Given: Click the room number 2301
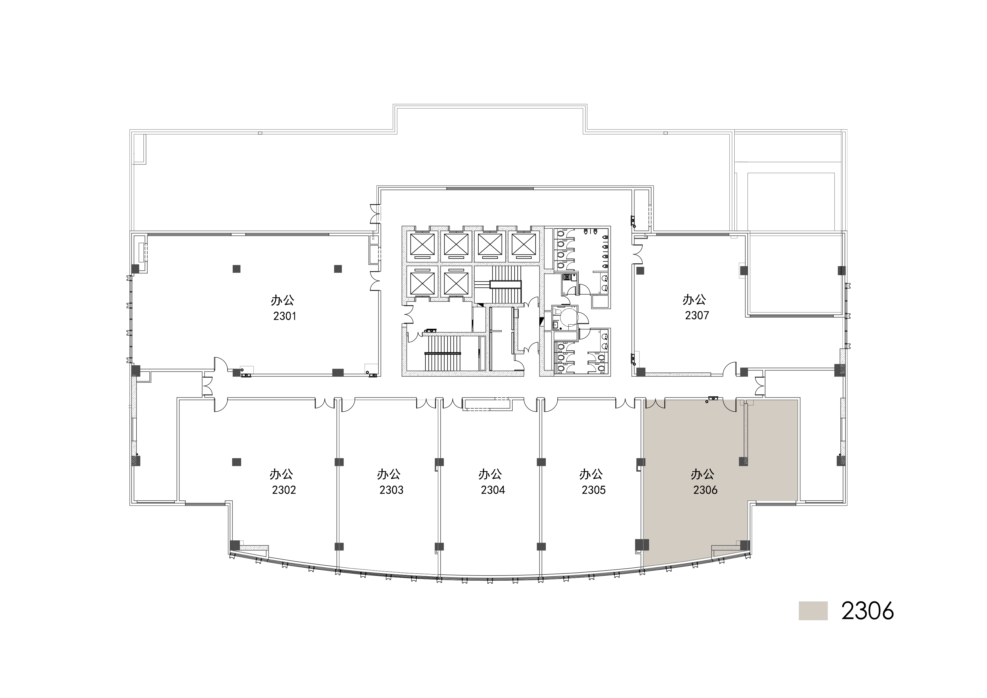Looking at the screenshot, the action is [x=284, y=316].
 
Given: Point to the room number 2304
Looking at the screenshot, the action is [x=493, y=490].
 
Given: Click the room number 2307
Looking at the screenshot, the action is [x=697, y=315].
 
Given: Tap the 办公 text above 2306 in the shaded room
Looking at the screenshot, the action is [x=703, y=474].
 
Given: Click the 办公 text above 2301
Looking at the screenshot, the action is [x=282, y=300].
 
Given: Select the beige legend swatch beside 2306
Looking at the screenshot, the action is [x=813, y=611].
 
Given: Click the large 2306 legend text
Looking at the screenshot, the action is [x=867, y=611].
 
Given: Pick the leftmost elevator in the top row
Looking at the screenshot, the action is [x=423, y=245].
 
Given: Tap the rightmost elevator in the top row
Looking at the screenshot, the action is [x=523, y=245].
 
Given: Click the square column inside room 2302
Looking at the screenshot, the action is [x=236, y=462].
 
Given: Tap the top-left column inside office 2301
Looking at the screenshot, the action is [x=236, y=269].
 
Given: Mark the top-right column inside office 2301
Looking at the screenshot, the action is [x=338, y=269].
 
